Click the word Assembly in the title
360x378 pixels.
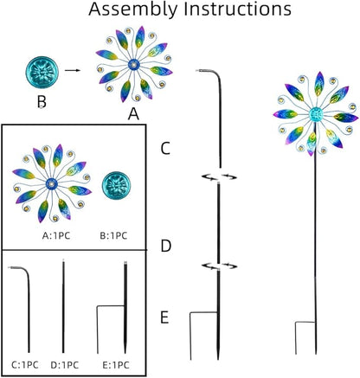click(132, 10)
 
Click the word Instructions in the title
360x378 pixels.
click(238, 9)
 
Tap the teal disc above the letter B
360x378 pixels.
click(42, 73)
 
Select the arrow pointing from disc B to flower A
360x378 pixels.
click(73, 70)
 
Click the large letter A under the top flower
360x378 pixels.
click(133, 114)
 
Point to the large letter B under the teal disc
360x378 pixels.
click(42, 102)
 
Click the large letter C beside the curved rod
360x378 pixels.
click(165, 149)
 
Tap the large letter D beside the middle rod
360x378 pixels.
click(166, 247)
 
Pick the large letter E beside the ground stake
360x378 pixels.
click(164, 317)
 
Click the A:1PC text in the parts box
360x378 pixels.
click(56, 235)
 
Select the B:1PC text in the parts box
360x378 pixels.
click(113, 235)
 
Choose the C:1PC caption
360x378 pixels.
click(25, 365)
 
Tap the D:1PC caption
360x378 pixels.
click(65, 365)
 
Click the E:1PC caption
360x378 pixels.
click(116, 365)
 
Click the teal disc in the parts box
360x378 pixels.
click(116, 186)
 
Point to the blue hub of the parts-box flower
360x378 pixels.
click(52, 183)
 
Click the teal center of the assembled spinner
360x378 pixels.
click(316, 115)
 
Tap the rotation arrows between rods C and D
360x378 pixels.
click(219, 176)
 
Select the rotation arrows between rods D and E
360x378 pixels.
click(219, 266)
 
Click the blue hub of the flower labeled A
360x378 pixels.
click(134, 65)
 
